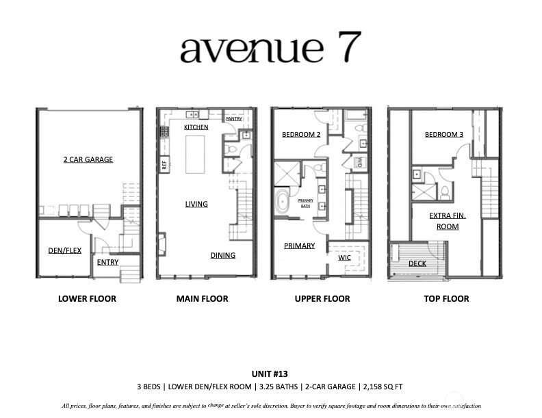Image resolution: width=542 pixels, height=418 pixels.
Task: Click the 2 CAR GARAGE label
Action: [x=88, y=159]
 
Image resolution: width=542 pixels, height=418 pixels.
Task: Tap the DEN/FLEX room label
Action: [x=64, y=250]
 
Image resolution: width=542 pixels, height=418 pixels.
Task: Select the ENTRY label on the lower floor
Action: [x=108, y=262]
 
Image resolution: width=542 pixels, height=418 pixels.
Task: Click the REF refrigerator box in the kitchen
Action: [x=164, y=164]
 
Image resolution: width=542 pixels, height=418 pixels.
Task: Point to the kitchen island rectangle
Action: [x=195, y=155]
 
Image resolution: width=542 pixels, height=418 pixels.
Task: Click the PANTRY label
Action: [x=234, y=119]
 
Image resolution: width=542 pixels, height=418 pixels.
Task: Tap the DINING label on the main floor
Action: [x=223, y=255]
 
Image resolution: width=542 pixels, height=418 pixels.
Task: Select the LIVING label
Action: [x=196, y=204]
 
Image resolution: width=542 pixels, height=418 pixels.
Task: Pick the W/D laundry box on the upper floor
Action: [x=359, y=162]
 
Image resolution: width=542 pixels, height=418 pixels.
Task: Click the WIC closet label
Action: [x=344, y=258]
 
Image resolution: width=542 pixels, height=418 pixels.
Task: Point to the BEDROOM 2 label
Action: [x=301, y=134]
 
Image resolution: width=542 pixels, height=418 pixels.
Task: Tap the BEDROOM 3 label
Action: [x=444, y=134]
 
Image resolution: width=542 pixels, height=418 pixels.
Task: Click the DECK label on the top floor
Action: [x=417, y=263]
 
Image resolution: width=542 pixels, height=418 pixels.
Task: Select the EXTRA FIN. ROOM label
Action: [x=448, y=221]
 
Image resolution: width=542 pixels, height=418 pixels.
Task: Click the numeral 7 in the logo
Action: [x=350, y=47]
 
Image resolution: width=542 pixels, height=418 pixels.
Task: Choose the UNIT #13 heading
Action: [x=270, y=374]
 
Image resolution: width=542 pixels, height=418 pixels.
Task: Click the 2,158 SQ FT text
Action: [x=383, y=387]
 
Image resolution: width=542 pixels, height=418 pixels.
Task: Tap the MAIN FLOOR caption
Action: [x=202, y=299]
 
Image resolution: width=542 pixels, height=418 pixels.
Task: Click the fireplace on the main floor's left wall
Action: [x=162, y=244]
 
